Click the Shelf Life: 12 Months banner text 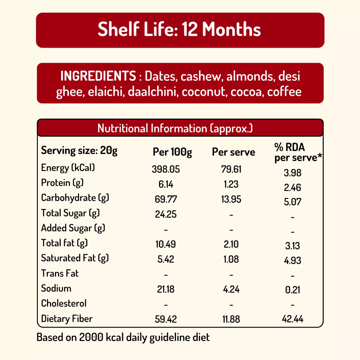pyautogui.click(x=179, y=30)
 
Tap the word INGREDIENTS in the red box pyautogui.click(x=98, y=76)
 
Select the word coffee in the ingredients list pyautogui.click(x=284, y=92)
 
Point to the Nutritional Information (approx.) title pyautogui.click(x=175, y=128)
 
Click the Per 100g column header pyautogui.click(x=172, y=152)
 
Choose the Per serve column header pyautogui.click(x=233, y=152)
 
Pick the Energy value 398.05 pyautogui.click(x=166, y=169)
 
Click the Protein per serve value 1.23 pyautogui.click(x=231, y=184)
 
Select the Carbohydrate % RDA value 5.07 pyautogui.click(x=293, y=202)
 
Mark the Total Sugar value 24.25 pyautogui.click(x=166, y=214)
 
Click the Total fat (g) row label pyautogui.click(x=64, y=243)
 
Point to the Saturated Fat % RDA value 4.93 pyautogui.click(x=293, y=260)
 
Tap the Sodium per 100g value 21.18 pyautogui.click(x=166, y=289)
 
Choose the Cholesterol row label pyautogui.click(x=64, y=303)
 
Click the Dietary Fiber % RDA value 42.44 pyautogui.click(x=293, y=319)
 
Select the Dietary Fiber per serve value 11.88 pyautogui.click(x=231, y=319)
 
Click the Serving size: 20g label pyautogui.click(x=79, y=151)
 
